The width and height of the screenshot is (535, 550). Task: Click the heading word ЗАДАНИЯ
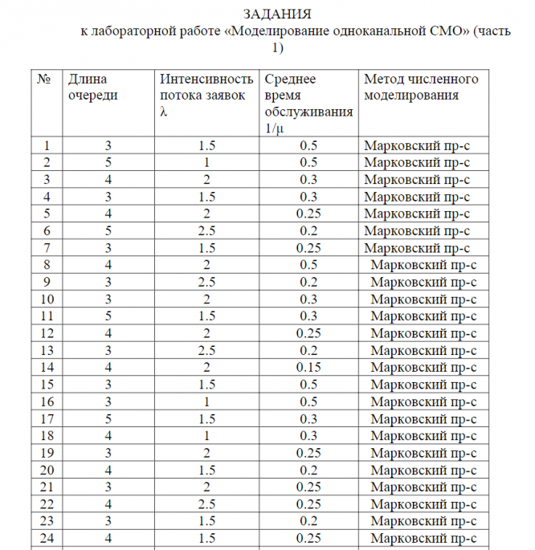277,14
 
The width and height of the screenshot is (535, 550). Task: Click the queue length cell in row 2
108,162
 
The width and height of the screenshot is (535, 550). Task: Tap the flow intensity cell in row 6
206,230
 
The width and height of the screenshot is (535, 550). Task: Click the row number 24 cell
49,537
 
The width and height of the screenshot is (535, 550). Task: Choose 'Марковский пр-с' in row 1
416,145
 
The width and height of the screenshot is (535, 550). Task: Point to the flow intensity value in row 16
206,401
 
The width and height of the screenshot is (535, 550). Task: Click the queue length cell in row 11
108,315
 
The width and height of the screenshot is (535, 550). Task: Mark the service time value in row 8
308,264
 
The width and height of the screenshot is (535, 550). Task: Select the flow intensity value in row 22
206,503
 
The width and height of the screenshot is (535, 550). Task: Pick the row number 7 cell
49,246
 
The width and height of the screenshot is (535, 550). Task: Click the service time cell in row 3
308,179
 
